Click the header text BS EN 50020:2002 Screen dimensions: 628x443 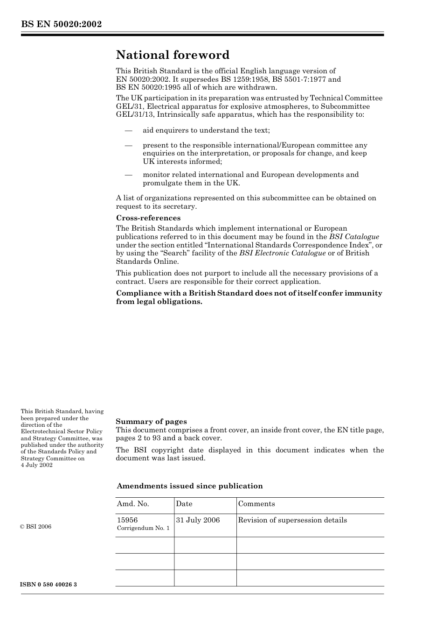click(61, 24)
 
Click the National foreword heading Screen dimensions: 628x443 click(173, 55)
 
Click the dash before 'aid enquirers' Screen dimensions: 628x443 click(129, 130)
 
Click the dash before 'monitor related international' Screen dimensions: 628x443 click(129, 175)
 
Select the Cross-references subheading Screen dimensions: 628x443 click(148, 218)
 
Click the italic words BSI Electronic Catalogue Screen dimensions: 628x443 click(282, 253)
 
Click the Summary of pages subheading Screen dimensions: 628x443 click(151, 422)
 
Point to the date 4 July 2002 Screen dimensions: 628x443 click(36, 465)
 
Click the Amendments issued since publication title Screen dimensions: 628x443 click(189, 486)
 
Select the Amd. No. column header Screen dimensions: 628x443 click(133, 504)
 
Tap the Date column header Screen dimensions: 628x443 click(184, 504)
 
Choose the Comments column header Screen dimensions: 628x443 click(256, 504)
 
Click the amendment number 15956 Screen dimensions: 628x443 click(127, 520)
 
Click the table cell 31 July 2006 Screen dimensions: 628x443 click(198, 520)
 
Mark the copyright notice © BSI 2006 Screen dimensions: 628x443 click(36, 527)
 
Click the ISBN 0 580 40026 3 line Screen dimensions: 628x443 click(48, 585)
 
